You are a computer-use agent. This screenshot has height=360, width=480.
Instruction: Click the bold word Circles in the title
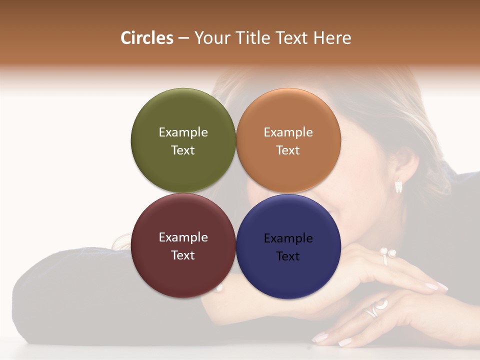coord(147,38)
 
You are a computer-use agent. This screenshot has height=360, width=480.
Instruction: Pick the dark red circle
coord(183,275)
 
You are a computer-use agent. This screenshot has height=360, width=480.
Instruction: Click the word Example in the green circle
coord(183,132)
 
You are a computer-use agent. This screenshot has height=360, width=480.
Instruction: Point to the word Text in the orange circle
coord(288,150)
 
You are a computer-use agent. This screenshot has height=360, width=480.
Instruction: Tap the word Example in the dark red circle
coord(183,237)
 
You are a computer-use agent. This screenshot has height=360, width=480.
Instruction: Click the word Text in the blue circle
coord(288,256)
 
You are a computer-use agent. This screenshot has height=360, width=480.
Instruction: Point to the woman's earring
coord(398,186)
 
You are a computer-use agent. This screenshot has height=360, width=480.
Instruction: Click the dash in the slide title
coord(183,38)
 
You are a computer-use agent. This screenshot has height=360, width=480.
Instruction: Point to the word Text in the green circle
coord(183,150)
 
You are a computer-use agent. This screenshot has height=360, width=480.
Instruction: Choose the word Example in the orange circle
coord(288,132)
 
